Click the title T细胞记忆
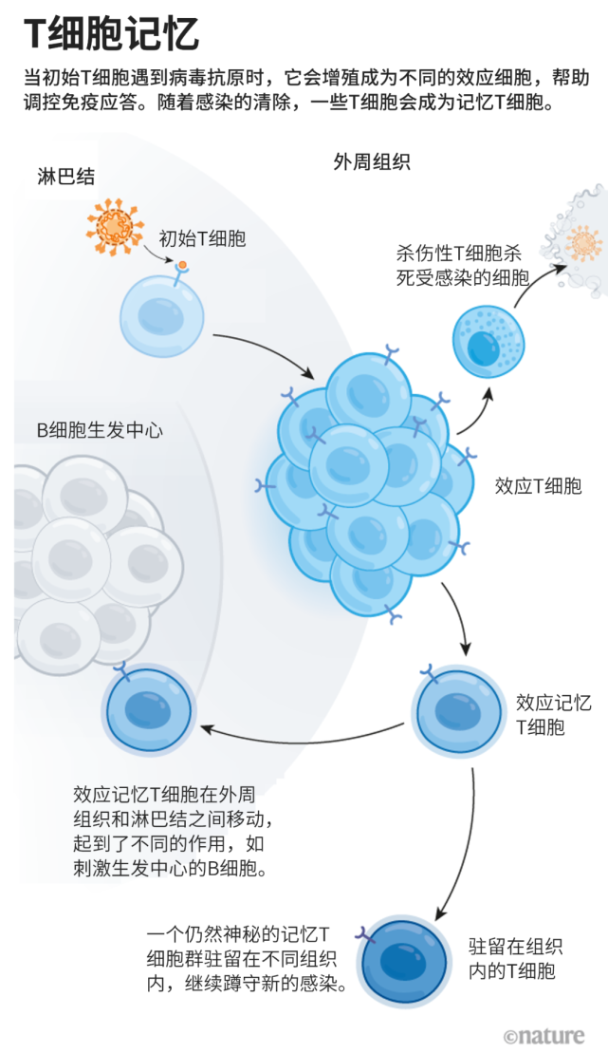coord(112,34)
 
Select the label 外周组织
coord(372,161)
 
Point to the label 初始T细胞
coord(201,238)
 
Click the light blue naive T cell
coord(162,315)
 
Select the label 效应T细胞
coord(538,486)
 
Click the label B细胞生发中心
coord(100,430)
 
